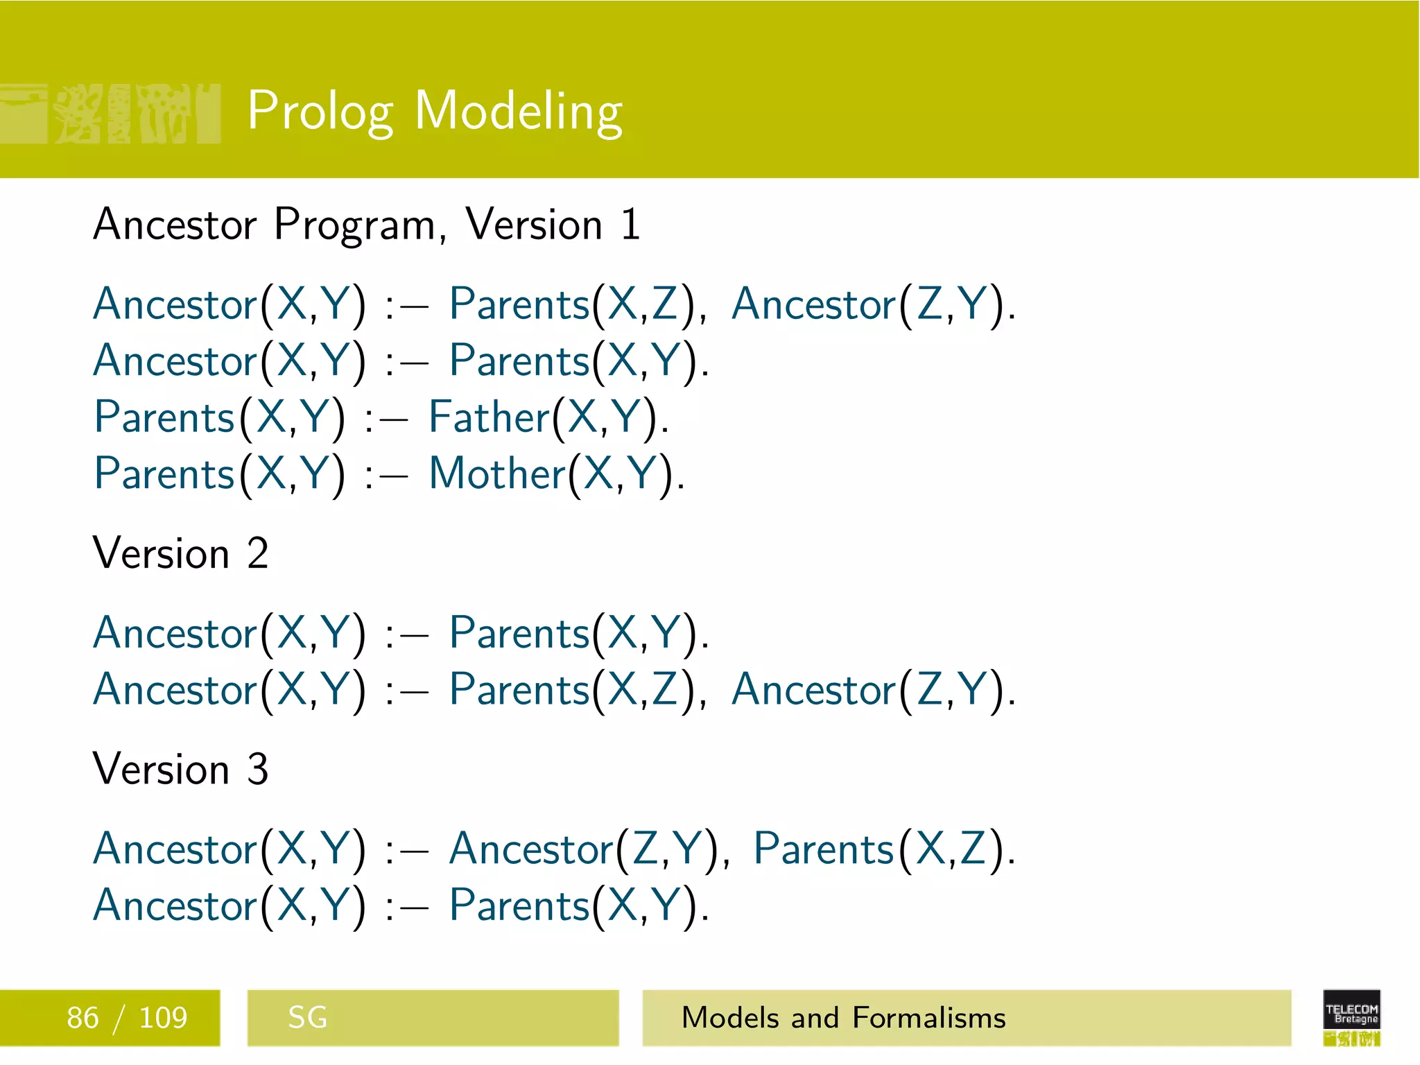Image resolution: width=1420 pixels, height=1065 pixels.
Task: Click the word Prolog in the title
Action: point(320,111)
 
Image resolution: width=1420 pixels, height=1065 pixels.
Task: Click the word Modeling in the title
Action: point(519,111)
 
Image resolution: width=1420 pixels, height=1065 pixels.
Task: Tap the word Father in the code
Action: point(489,417)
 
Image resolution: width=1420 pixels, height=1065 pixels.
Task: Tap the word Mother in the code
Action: point(497,474)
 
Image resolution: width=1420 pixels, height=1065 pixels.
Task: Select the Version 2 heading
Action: point(180,554)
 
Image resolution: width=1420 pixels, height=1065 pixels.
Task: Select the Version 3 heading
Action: point(180,770)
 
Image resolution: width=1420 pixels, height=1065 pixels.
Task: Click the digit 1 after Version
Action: point(630,225)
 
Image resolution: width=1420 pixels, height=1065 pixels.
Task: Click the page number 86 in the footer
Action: point(83,1018)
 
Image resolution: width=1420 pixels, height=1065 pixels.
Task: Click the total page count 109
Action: point(163,1018)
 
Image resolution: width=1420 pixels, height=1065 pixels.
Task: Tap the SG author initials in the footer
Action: point(307,1018)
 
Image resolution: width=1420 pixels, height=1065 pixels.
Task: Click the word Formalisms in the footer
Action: point(929,1018)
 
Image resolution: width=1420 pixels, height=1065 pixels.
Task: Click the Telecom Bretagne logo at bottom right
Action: point(1351,1016)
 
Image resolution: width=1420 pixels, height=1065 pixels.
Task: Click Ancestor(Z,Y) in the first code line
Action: point(872,304)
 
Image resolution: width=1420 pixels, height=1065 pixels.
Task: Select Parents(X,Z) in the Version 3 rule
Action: point(883,849)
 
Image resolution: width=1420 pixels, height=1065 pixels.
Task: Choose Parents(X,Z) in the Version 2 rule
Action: point(577,690)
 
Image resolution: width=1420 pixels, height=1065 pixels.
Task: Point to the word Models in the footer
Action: point(730,1018)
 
